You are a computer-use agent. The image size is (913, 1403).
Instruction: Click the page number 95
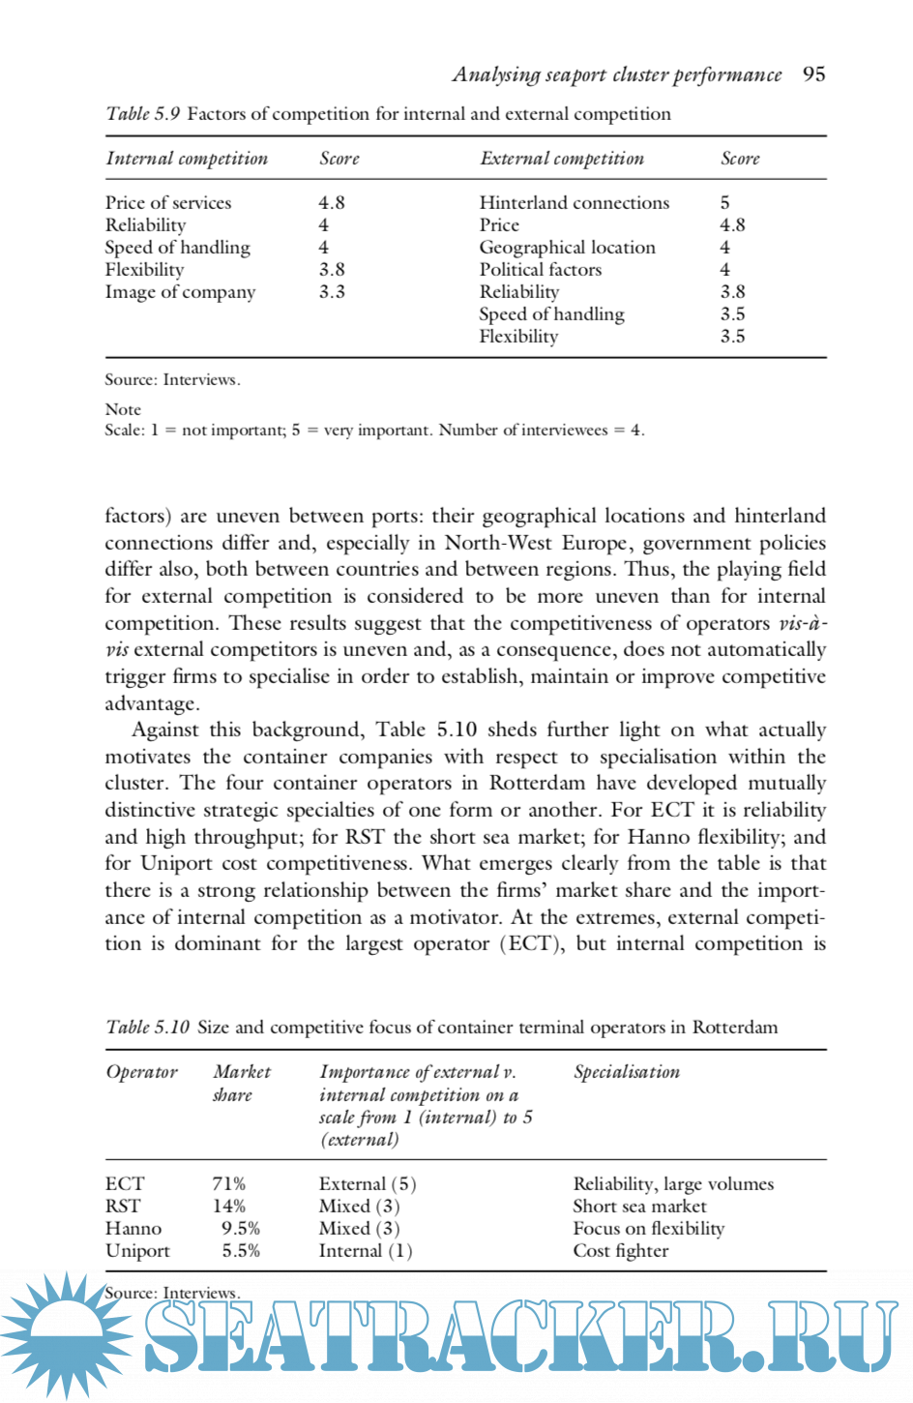[813, 75]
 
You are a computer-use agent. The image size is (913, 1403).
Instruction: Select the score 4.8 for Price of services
[332, 202]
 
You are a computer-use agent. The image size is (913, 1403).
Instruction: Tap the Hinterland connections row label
[574, 202]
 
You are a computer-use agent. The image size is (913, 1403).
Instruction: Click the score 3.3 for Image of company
[332, 291]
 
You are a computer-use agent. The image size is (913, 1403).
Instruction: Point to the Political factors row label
[540, 269]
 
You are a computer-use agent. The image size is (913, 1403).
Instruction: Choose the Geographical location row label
[567, 247]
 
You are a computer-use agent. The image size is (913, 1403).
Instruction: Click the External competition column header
[561, 159]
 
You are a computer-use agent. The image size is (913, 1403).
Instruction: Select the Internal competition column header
[187, 159]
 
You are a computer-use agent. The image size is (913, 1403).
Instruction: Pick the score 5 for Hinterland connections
[724, 202]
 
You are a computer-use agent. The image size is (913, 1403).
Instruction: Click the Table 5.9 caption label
[143, 114]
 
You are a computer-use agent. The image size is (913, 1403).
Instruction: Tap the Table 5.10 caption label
[148, 1027]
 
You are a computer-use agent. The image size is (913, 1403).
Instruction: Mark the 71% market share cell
[228, 1183]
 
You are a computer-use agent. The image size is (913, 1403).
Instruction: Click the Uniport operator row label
[137, 1250]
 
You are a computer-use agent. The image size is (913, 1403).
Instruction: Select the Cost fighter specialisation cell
[620, 1250]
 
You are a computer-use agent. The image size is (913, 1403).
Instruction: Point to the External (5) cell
[368, 1183]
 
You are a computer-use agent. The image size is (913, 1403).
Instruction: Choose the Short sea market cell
[639, 1206]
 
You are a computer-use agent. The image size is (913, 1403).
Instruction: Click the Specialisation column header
[627, 1072]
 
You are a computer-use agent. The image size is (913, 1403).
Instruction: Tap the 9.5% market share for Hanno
[240, 1228]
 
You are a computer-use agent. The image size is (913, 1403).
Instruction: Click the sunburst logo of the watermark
[66, 1333]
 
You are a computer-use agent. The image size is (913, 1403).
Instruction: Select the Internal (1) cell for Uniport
[366, 1250]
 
